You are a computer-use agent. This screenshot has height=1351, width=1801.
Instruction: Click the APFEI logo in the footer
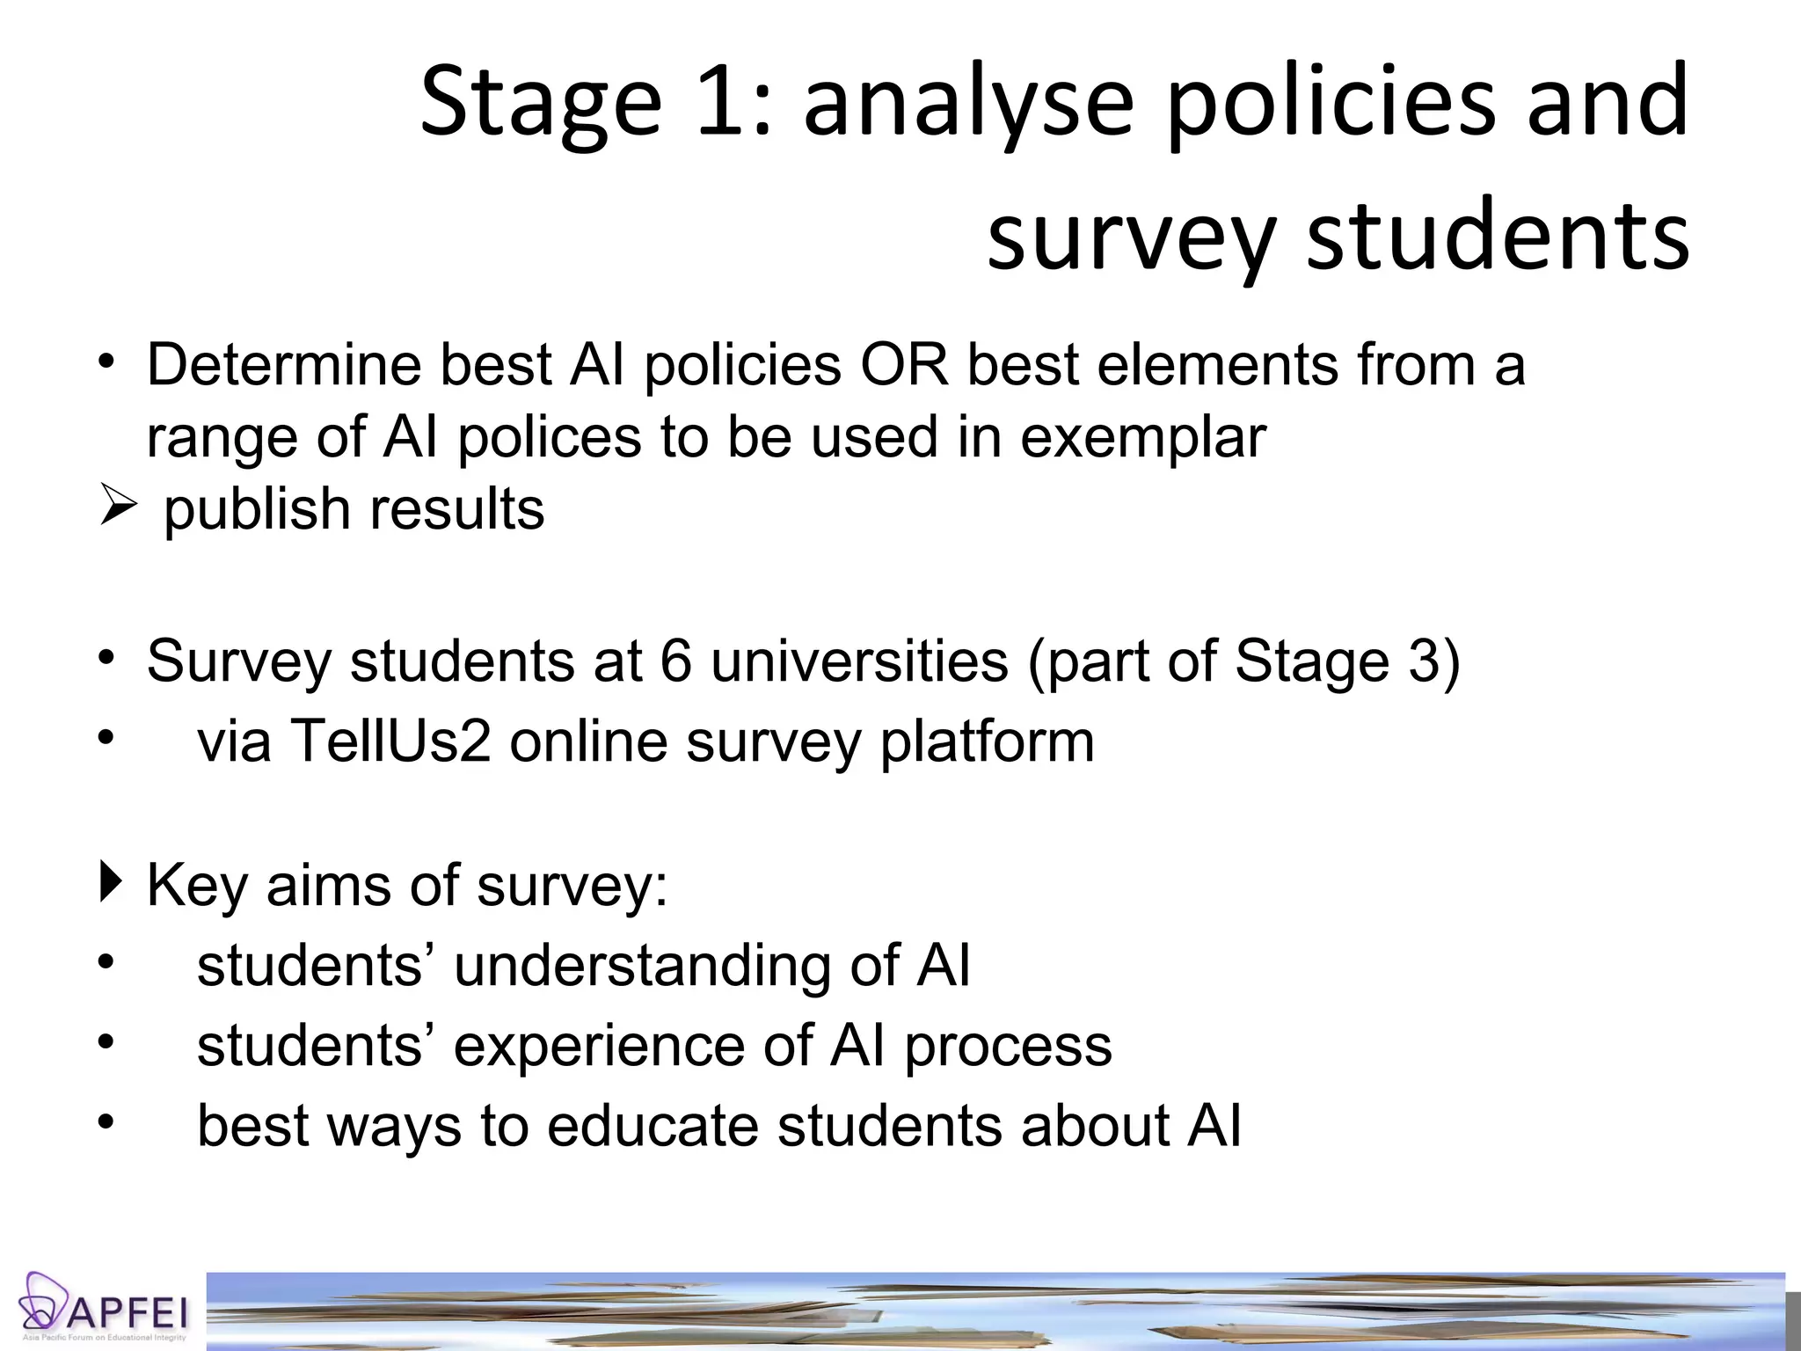(104, 1309)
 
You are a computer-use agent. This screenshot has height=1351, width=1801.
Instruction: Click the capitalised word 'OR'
(905, 364)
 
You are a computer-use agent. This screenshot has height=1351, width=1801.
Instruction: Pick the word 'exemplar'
(1143, 438)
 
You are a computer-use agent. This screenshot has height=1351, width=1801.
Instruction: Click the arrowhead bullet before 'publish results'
(118, 507)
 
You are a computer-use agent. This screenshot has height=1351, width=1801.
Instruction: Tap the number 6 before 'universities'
(675, 661)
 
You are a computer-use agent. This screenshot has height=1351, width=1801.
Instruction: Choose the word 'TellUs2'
(390, 741)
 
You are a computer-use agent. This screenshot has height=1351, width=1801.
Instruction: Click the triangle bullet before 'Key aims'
(111, 882)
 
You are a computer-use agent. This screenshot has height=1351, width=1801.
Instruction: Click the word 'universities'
(859, 661)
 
